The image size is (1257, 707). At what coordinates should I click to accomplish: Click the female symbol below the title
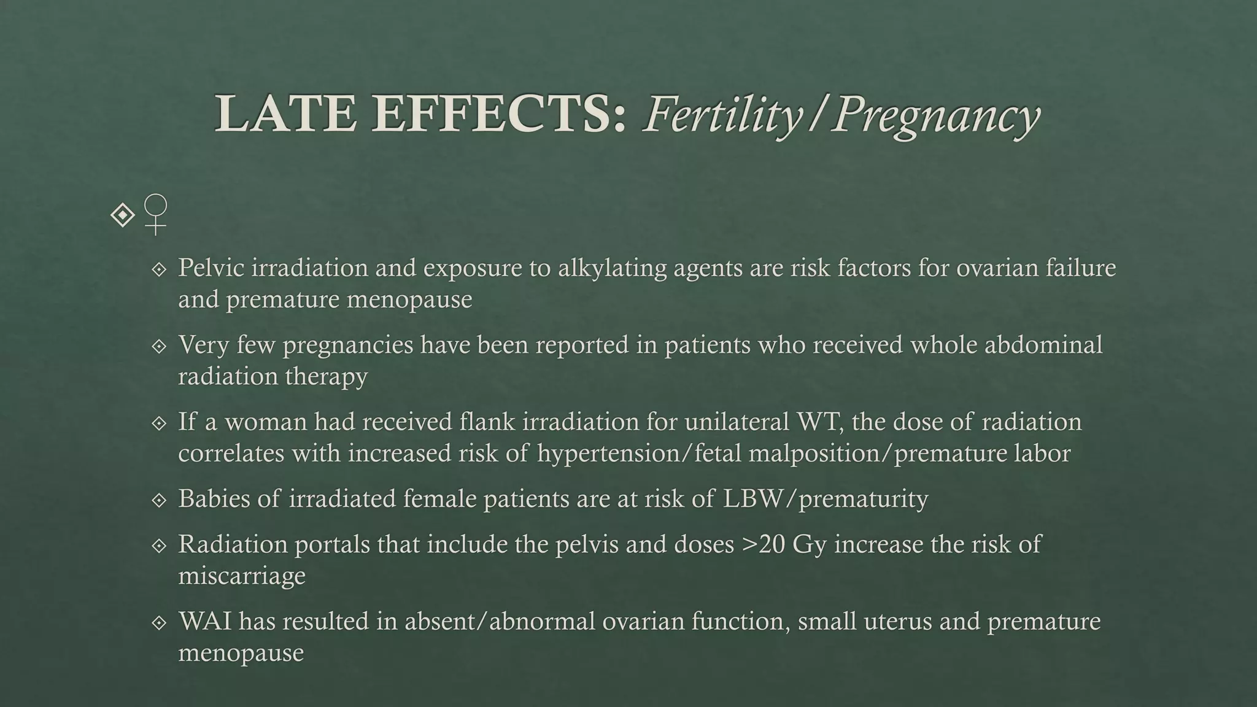point(156,214)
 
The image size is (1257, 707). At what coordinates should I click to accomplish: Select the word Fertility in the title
point(722,115)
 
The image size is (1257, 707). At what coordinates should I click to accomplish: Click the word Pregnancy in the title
point(936,115)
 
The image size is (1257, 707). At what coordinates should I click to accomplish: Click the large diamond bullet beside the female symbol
point(123,215)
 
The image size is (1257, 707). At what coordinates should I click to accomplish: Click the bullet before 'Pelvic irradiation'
point(159,269)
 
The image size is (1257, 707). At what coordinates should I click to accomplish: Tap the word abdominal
point(1043,345)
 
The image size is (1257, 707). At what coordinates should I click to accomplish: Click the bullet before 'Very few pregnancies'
point(159,346)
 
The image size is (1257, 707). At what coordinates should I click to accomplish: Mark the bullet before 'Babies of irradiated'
point(159,500)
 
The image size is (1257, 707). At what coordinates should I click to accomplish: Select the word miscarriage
point(242,576)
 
